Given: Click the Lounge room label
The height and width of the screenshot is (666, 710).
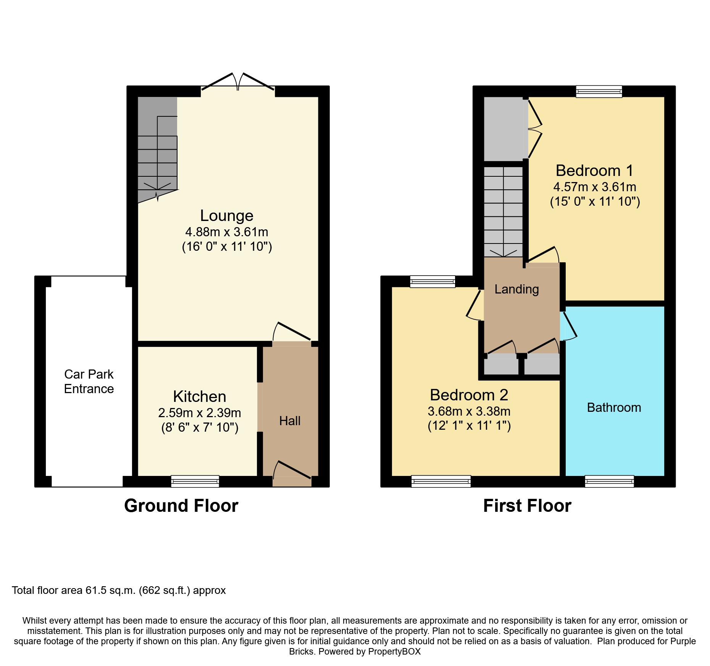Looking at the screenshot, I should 227,216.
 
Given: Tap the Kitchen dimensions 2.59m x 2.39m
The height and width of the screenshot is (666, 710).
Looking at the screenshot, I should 200,413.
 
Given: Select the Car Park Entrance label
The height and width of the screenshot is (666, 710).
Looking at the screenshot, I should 89,381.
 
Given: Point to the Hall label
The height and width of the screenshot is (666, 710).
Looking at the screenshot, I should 290,421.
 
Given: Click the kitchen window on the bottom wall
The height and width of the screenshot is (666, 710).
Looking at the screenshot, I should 195,481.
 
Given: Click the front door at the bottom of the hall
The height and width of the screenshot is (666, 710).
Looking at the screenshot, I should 292,473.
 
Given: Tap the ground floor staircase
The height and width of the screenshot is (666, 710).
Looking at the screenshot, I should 157,153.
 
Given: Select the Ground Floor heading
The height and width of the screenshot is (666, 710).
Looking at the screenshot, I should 181,506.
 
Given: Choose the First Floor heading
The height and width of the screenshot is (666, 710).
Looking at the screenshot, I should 527,506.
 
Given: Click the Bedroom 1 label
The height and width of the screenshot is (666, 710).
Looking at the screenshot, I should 594,171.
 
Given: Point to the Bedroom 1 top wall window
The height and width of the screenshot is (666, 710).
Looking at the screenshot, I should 599,91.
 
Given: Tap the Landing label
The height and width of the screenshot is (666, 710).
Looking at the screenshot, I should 516,289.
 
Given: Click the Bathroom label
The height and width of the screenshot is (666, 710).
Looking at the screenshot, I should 614,408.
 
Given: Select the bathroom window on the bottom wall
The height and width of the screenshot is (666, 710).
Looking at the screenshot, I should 609,481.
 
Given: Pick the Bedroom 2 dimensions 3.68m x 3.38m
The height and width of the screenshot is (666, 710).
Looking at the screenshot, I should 469,411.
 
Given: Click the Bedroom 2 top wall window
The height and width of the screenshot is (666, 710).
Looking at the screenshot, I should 432,282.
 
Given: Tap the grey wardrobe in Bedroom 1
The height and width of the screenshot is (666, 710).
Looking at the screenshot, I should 503,129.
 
